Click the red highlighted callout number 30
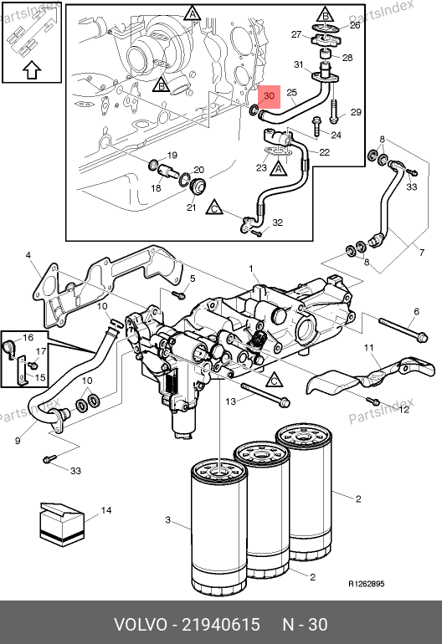click(269, 96)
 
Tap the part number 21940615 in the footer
click(221, 625)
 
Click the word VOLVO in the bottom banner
click(140, 625)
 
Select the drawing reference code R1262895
click(367, 584)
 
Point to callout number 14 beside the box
click(106, 510)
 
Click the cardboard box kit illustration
click(62, 524)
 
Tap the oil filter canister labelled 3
click(219, 527)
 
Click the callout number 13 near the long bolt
click(231, 401)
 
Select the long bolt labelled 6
click(403, 330)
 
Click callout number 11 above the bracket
click(369, 348)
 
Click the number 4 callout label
click(28, 255)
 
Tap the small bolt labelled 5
click(179, 294)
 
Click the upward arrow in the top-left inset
click(32, 70)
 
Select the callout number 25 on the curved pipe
click(291, 92)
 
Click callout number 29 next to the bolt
click(356, 112)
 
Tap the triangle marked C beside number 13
click(275, 380)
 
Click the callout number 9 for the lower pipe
click(18, 441)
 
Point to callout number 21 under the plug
click(191, 207)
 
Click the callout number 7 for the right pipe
click(421, 253)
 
